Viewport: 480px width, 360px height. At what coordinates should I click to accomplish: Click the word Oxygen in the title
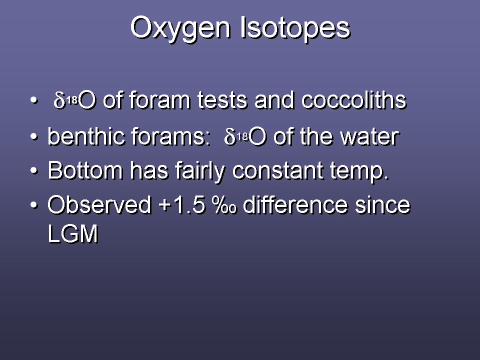click(180, 28)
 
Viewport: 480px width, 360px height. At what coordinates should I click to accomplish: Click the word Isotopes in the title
click(295, 28)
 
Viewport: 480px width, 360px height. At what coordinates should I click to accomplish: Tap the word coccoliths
click(353, 100)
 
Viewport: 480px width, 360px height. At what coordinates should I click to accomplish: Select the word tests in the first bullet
click(222, 100)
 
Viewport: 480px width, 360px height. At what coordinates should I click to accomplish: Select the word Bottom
click(85, 170)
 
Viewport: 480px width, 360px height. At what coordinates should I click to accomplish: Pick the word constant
click(277, 171)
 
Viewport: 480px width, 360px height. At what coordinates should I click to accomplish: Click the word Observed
click(99, 204)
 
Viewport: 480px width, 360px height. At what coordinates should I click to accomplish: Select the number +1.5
click(182, 204)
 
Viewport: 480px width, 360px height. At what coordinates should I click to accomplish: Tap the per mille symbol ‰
click(225, 204)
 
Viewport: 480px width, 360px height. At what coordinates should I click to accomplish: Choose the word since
click(382, 204)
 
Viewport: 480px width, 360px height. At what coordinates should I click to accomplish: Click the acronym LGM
click(73, 233)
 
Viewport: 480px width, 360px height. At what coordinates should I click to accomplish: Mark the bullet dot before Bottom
click(34, 170)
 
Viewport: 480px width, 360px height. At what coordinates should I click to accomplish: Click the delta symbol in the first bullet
click(59, 100)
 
